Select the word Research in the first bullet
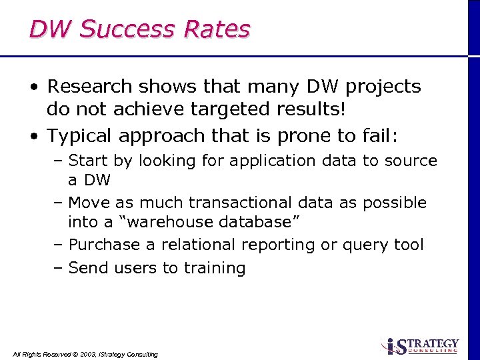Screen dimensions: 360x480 pos(90,87)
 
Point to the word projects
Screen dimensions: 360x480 pos(383,87)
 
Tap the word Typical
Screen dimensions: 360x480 pos(80,135)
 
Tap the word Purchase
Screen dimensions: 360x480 pos(106,245)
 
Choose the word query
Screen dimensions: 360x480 pos(366,245)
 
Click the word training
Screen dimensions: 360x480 pos(214,268)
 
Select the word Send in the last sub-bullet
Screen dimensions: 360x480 pos(87,268)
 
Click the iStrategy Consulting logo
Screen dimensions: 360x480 pos(421,345)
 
